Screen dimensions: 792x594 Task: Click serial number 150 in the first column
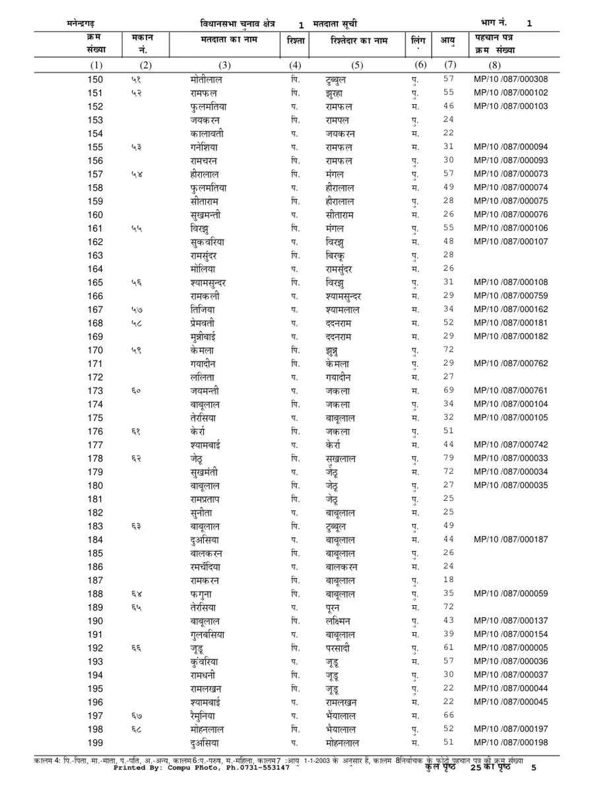click(x=95, y=79)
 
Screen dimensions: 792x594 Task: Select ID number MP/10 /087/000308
click(x=510, y=79)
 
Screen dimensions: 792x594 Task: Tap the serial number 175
click(x=95, y=417)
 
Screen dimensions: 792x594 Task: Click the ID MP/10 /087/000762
click(x=510, y=363)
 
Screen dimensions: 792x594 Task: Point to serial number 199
click(x=95, y=742)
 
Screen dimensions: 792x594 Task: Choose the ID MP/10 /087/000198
click(x=510, y=742)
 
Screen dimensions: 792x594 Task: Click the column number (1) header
click(x=96, y=65)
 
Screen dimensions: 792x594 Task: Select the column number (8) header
click(x=494, y=65)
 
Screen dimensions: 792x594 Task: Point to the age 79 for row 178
click(x=449, y=458)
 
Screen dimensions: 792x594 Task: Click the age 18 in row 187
click(x=449, y=580)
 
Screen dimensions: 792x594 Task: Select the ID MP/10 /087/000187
click(x=510, y=539)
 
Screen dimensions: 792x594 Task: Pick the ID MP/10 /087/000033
click(x=510, y=458)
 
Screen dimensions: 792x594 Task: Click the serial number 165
click(x=95, y=282)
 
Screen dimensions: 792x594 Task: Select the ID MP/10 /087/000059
click(x=510, y=593)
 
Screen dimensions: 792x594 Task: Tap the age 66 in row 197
click(x=449, y=715)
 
